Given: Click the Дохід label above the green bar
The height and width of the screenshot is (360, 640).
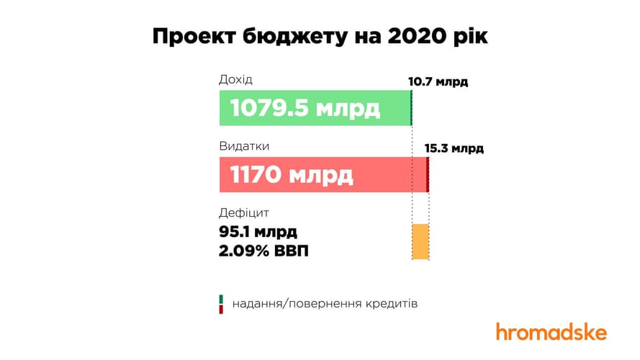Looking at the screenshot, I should click(x=236, y=79).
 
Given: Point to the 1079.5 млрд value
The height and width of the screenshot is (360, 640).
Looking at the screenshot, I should click(x=305, y=108).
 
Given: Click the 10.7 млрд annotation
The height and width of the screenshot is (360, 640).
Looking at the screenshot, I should click(x=438, y=81).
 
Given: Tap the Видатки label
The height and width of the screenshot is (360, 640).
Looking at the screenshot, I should click(x=244, y=146).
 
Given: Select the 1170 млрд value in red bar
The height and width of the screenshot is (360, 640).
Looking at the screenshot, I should click(x=292, y=175).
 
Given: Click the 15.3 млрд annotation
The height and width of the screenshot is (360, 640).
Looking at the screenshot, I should click(x=454, y=149).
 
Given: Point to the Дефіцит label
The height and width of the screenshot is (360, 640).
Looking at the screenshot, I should click(x=243, y=213).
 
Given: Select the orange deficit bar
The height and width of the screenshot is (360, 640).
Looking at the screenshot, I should click(x=420, y=241).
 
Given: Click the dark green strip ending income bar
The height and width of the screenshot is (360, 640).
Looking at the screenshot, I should click(x=410, y=108).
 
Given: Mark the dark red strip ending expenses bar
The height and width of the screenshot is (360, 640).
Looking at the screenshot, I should click(x=428, y=175).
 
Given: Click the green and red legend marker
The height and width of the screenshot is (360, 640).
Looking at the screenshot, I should click(x=222, y=304).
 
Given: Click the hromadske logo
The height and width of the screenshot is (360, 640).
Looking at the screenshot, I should click(x=551, y=332).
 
